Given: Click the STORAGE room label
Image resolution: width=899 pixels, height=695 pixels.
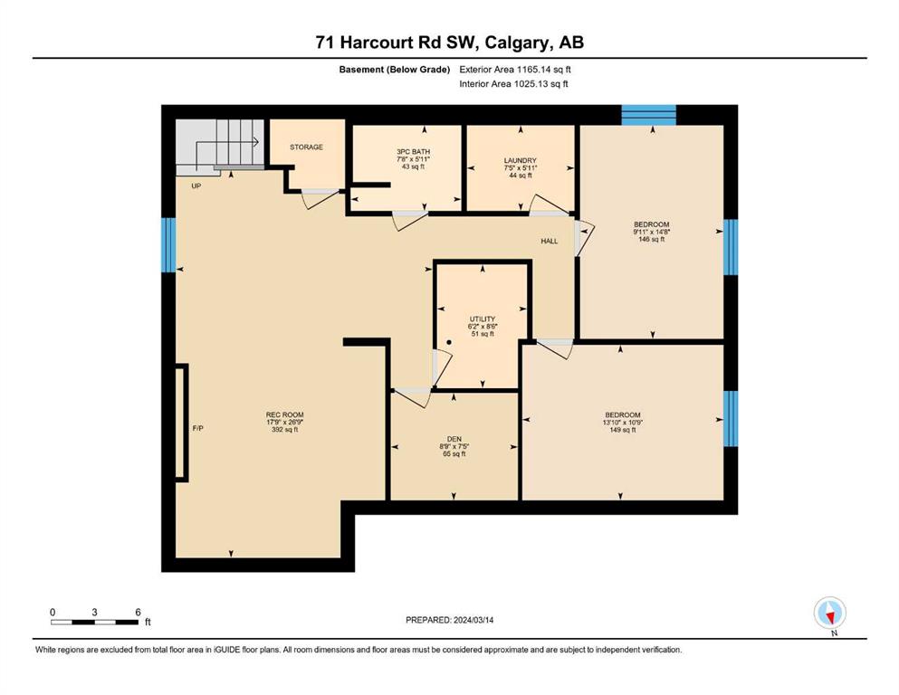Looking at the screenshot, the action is [306, 148].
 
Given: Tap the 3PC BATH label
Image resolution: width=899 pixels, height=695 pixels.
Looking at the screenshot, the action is [413, 152].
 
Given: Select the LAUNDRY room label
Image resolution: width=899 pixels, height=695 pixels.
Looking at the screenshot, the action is [520, 160].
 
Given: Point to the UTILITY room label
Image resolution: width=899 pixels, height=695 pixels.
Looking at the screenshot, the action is [483, 319].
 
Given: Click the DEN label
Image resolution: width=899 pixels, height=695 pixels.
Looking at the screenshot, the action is [454, 439].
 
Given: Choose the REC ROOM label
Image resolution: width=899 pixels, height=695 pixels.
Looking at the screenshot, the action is [284, 414].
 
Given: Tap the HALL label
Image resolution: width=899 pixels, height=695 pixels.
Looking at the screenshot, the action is [550, 242].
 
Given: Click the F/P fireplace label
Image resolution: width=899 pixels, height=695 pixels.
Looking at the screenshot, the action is [197, 429].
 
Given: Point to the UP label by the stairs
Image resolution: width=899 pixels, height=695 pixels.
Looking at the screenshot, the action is [196, 186].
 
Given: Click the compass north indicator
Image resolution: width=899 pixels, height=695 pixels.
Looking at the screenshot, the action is [829, 614].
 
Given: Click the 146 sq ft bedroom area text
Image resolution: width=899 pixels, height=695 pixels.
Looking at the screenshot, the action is [651, 240].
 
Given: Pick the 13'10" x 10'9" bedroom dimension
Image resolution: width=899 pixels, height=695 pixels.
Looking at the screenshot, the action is [622, 423].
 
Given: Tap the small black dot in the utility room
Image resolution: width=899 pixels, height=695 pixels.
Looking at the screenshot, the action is [449, 343].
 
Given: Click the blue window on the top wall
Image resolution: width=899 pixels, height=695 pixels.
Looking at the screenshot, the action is [649, 115].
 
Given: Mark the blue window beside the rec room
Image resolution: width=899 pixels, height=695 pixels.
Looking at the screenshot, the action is [168, 244].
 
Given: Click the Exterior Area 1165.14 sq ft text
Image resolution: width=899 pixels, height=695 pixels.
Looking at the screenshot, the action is [515, 70].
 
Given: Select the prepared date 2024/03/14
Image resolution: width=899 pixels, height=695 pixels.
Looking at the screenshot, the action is [473, 620].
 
